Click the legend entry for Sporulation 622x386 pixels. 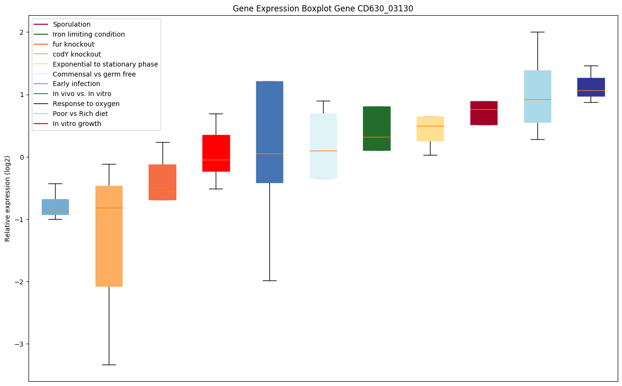tap(72, 24)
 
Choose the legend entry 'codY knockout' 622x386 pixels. tap(77, 54)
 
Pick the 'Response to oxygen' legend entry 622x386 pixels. tap(86, 104)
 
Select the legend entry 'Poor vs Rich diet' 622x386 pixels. tap(80, 114)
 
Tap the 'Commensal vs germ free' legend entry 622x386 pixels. tap(94, 74)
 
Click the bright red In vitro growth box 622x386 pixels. tap(216, 153)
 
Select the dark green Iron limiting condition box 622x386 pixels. tap(377, 128)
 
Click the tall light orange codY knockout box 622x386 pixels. tap(109, 236)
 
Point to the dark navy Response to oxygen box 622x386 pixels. tap(591, 87)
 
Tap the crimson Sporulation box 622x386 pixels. tap(484, 113)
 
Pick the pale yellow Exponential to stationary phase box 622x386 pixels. tap(431, 129)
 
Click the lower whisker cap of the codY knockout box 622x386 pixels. tap(109, 365)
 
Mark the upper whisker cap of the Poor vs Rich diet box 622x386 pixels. tap(537, 32)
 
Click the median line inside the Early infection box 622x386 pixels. tap(55, 211)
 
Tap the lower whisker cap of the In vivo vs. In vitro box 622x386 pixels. tap(269, 280)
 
